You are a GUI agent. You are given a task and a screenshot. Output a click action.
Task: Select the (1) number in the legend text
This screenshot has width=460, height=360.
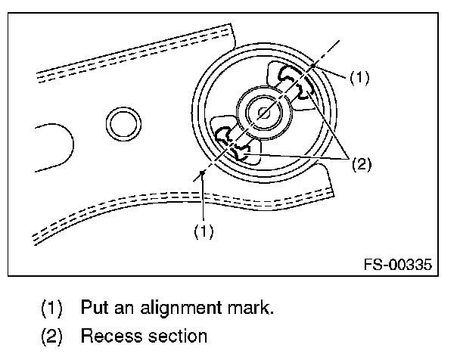[x=51, y=309]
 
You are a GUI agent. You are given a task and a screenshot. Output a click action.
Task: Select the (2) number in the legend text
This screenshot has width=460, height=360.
[x=51, y=335]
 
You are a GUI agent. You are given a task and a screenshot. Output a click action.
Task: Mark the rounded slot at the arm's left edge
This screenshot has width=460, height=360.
[x=53, y=144]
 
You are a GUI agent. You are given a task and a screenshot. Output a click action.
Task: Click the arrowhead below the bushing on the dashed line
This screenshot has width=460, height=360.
[x=204, y=175]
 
